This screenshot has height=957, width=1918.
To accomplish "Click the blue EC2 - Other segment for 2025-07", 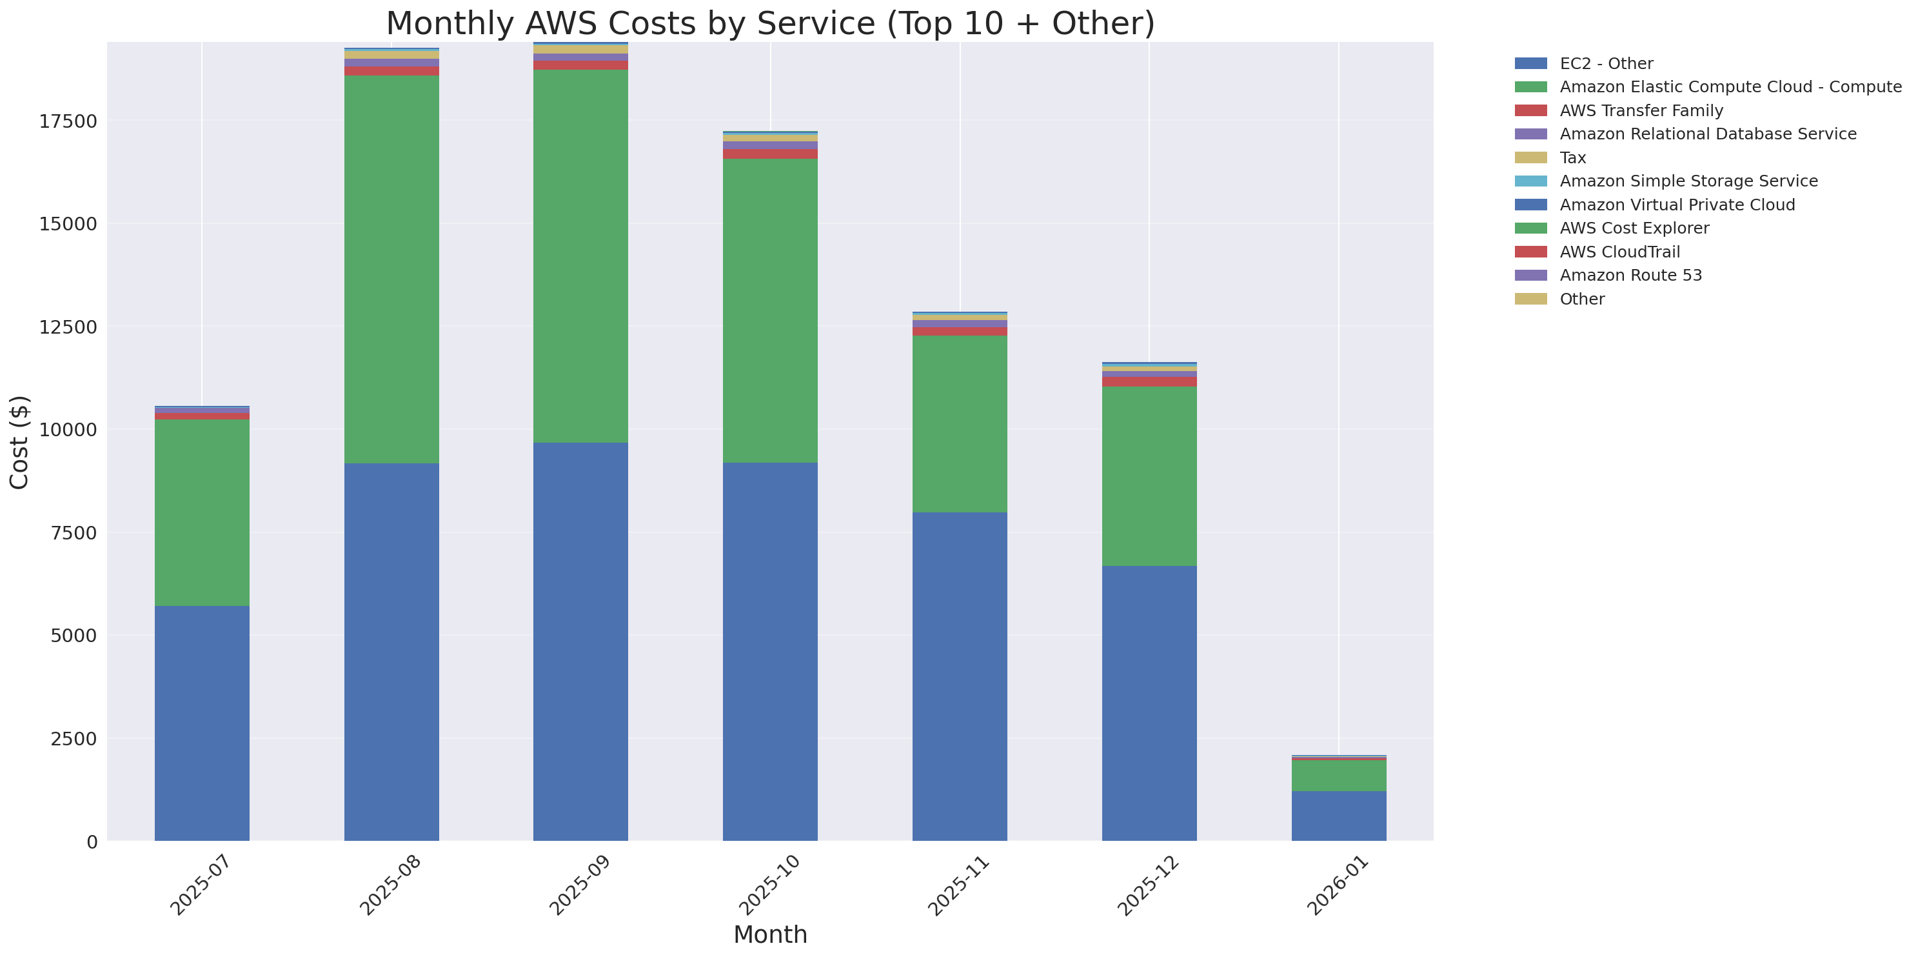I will tap(202, 722).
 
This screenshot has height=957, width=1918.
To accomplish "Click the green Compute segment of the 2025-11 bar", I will tap(959, 424).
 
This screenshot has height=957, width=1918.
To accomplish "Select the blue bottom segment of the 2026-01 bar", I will tap(1338, 816).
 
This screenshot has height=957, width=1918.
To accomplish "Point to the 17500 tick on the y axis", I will tap(68, 121).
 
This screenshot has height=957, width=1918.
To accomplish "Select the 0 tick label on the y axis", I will tap(92, 841).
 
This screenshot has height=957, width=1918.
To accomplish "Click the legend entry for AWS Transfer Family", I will tap(1641, 111).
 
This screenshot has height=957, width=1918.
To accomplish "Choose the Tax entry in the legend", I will tap(1572, 158).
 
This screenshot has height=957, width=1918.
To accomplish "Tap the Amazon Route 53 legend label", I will tap(1630, 276).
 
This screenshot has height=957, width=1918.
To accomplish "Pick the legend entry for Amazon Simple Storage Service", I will tap(1688, 181).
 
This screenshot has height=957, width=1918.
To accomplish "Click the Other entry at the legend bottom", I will tap(1581, 299).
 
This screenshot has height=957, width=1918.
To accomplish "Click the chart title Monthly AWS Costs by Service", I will tap(770, 23).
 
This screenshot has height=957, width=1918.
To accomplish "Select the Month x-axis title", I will tap(770, 934).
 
